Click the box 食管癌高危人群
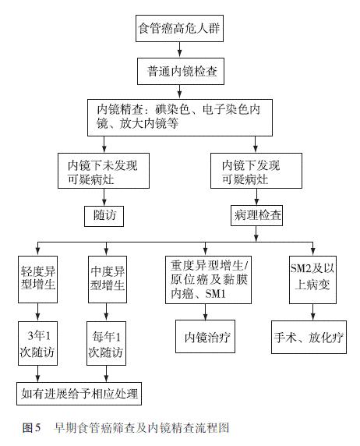[x=179, y=28]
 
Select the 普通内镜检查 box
[x=181, y=71]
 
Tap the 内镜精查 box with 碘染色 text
[x=180, y=118]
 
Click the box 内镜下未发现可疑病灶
[x=104, y=171]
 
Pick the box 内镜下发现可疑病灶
[x=256, y=171]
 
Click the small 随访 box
[x=104, y=216]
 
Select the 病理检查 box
[x=256, y=215]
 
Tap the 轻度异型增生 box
[x=38, y=279]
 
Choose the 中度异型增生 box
[x=108, y=279]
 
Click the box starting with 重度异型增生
[x=208, y=280]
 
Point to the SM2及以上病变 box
[x=312, y=280]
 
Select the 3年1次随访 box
[x=38, y=343]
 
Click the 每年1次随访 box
[x=106, y=343]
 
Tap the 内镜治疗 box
[x=205, y=337]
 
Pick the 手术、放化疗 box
[x=309, y=338]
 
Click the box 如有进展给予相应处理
[x=79, y=394]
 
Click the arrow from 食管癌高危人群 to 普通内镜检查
[x=179, y=50]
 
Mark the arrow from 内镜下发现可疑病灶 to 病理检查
[x=256, y=196]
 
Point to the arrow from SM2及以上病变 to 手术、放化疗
[x=312, y=313]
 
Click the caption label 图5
[x=32, y=427]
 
